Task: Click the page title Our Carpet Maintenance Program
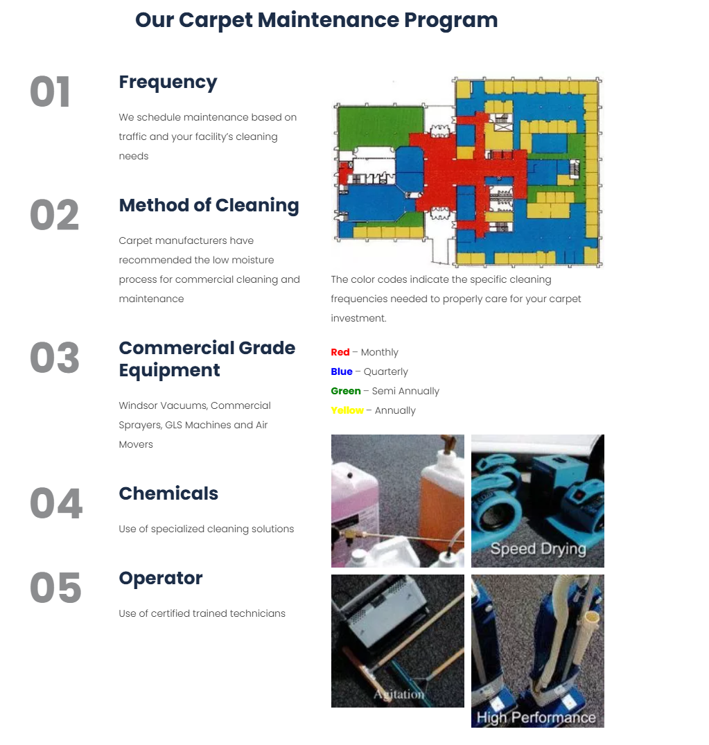pos(316,20)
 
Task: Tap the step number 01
pos(50,93)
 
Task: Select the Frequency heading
pos(168,82)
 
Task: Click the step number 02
pos(54,216)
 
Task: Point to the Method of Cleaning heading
pos(209,205)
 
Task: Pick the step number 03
pos(54,358)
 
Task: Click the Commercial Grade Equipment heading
pos(207,359)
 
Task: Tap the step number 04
pos(55,504)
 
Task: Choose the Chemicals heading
pos(168,493)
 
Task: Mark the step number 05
pos(55,588)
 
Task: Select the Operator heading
pos(160,578)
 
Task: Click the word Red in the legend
pos(340,353)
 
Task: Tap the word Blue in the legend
pos(342,372)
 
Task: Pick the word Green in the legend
pos(346,392)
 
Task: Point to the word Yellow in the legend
pos(347,411)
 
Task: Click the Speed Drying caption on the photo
pos(538,550)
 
